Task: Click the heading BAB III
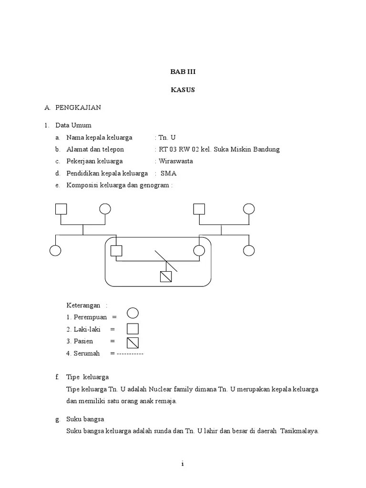click(x=183, y=72)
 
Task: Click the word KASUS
click(x=183, y=90)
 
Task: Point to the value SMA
click(x=169, y=173)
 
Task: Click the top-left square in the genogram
click(x=61, y=209)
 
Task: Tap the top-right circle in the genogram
click(x=249, y=209)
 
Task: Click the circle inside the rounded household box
click(x=199, y=251)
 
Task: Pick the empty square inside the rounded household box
click(x=116, y=251)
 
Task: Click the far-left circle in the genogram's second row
click(x=56, y=251)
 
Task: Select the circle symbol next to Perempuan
click(x=133, y=313)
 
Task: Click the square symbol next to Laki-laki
click(x=133, y=329)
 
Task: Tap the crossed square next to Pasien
click(x=133, y=343)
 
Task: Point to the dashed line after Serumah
click(x=130, y=354)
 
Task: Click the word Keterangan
click(x=83, y=305)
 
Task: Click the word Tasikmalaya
click(x=299, y=432)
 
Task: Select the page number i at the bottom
click(x=183, y=464)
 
